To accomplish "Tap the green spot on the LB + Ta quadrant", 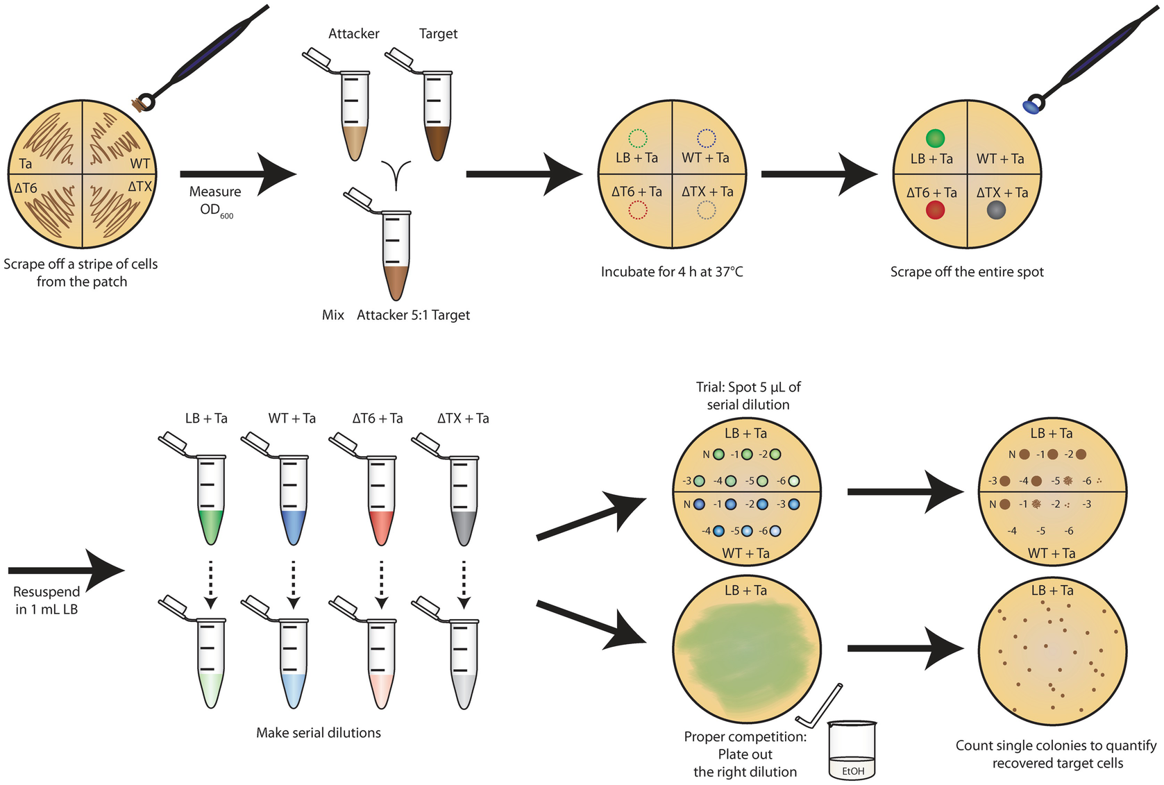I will (x=935, y=138).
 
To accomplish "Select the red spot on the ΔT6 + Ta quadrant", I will (x=935, y=210).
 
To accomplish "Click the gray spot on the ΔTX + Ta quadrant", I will (x=996, y=210).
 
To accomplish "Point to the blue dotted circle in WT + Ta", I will (x=706, y=138).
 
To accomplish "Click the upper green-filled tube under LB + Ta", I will (x=211, y=500).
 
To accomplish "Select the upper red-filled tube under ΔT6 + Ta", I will (x=381, y=500).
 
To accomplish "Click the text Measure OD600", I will (x=215, y=201).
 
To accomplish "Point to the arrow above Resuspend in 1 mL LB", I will (x=66, y=571).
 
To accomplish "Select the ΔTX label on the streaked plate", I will (x=140, y=187).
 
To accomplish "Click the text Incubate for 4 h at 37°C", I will (x=671, y=272).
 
